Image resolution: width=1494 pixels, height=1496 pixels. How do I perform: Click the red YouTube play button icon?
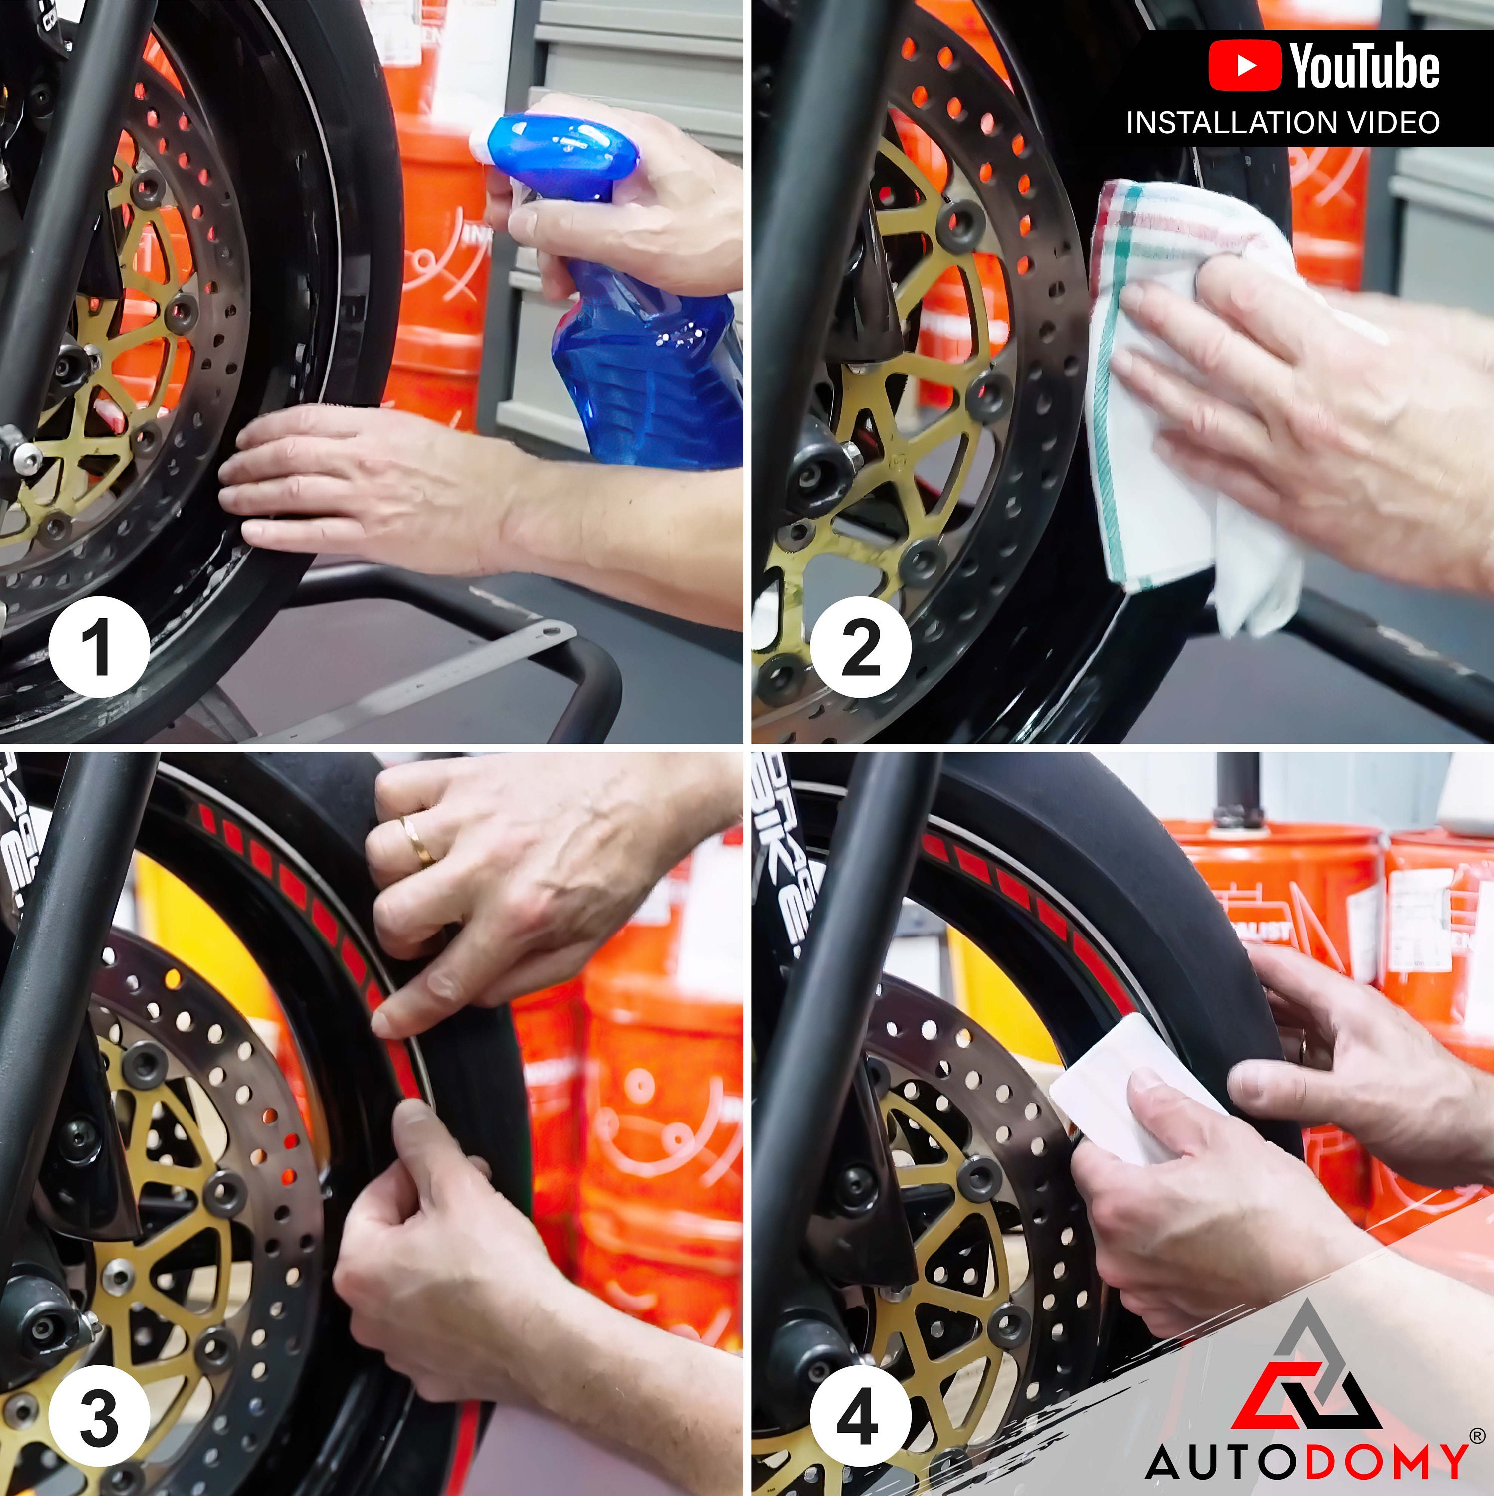[x=1244, y=67]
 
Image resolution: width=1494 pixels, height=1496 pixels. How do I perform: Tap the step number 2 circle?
[x=860, y=647]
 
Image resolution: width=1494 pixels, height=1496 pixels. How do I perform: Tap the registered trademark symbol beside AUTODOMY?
[x=1476, y=1436]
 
